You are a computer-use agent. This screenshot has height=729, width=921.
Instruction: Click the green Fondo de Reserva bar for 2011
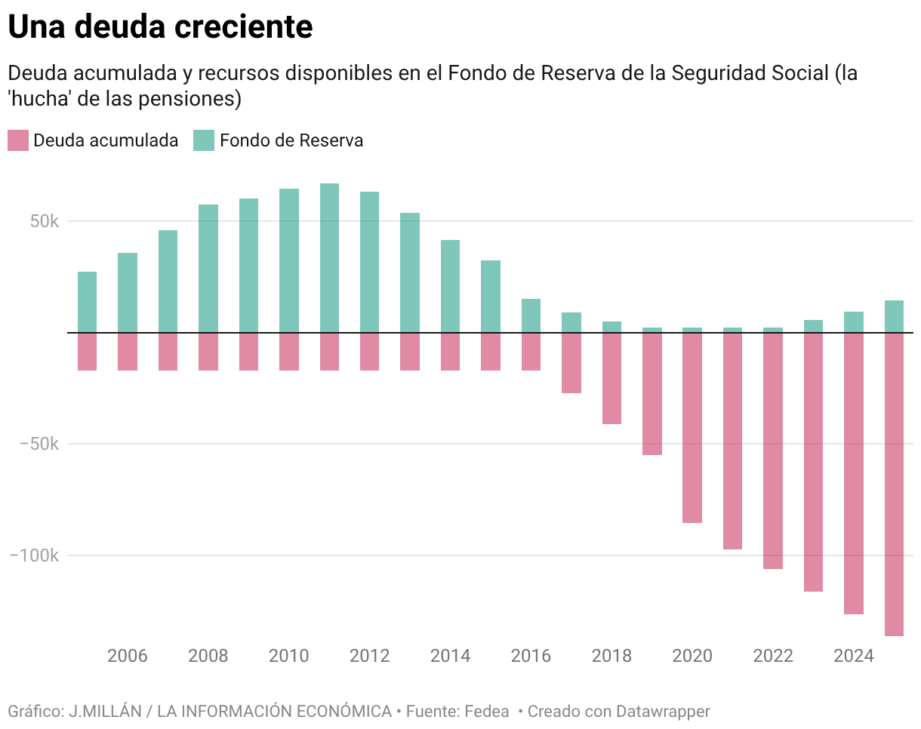tap(329, 257)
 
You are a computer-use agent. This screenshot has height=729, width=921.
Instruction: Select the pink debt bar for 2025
tap(894, 484)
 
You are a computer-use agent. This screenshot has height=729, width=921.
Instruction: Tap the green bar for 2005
tap(87, 302)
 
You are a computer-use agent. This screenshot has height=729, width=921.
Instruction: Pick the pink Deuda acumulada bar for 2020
tap(692, 427)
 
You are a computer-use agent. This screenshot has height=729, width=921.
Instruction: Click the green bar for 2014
tap(450, 286)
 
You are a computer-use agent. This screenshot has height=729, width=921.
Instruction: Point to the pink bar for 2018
tap(611, 378)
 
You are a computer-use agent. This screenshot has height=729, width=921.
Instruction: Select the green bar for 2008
tap(208, 268)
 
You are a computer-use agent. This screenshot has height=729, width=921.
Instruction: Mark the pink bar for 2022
tap(773, 451)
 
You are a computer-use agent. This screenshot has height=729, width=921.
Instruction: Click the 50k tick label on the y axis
tap(45, 222)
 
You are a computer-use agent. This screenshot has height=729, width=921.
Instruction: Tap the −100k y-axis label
tap(34, 555)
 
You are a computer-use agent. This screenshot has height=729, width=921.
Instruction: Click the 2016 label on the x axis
tap(531, 656)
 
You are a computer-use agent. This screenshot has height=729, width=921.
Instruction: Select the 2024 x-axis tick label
tap(854, 656)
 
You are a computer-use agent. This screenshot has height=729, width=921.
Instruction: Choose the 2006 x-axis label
tap(128, 656)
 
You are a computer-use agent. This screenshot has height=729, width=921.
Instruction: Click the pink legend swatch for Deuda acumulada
tap(17, 140)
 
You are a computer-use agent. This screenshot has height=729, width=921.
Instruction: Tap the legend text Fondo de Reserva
tap(291, 140)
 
